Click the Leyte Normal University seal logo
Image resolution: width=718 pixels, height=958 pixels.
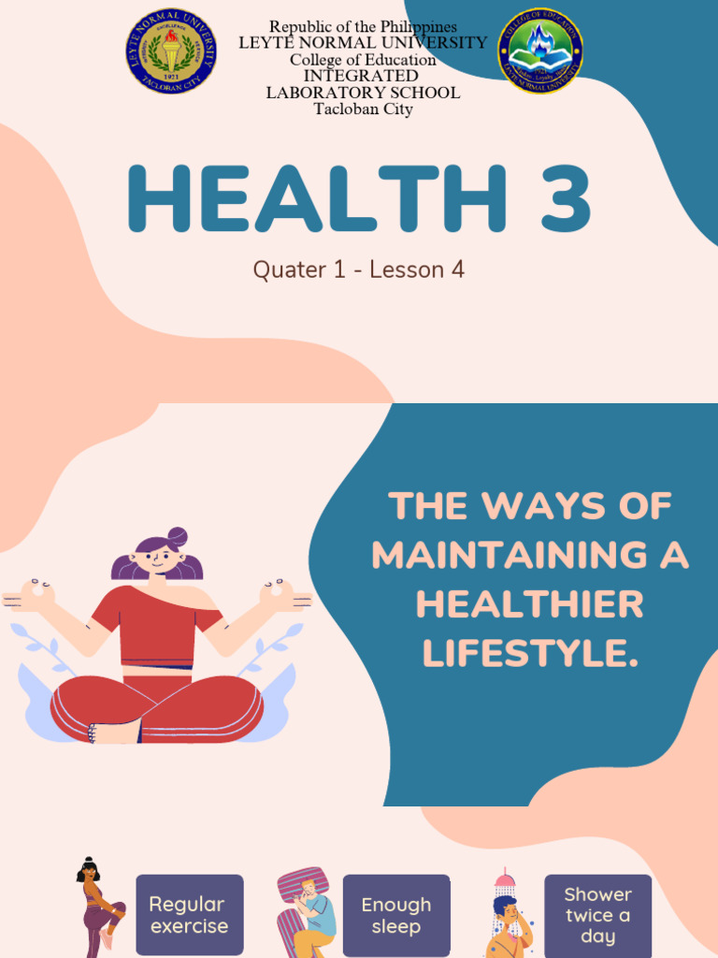point(172,51)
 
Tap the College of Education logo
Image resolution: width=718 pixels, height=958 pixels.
point(540,51)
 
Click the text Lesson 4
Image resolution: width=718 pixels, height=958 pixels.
point(417,270)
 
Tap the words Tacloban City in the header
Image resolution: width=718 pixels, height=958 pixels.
point(363,109)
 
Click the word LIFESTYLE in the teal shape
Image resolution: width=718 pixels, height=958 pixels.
point(529,654)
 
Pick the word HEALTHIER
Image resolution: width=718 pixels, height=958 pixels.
point(529,604)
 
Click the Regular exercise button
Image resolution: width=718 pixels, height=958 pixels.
point(189,915)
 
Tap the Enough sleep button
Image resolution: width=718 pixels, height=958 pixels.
point(395,915)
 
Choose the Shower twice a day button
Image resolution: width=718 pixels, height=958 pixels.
point(597,915)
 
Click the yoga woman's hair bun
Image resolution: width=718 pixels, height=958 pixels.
point(177,537)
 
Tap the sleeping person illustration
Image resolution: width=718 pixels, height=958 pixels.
point(306,912)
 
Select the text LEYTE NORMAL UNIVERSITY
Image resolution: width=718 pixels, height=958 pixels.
point(363,43)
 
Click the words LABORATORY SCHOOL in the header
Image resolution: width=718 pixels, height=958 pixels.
point(363,93)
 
